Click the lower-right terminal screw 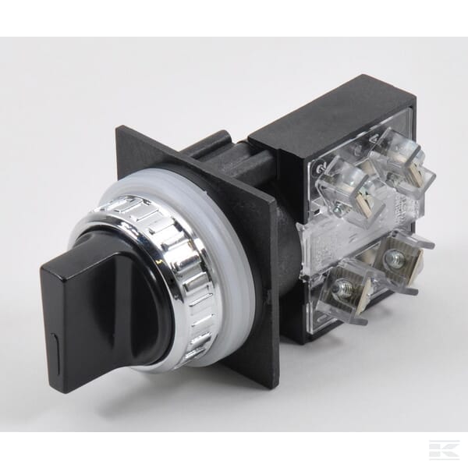pyautogui.click(x=395, y=259)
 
